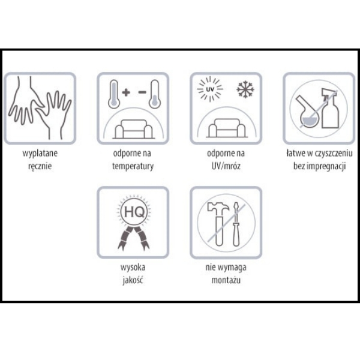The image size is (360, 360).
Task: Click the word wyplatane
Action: point(40,154)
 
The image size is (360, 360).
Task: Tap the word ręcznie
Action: point(40,166)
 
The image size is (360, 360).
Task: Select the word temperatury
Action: point(133,166)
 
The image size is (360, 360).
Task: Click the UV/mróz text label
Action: point(226,166)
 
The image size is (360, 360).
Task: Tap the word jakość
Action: point(133,280)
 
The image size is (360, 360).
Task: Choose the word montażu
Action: point(226,280)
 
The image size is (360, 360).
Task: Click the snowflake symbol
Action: point(245,89)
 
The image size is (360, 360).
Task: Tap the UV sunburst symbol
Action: point(210,89)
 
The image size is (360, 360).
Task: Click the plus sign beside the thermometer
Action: point(126,92)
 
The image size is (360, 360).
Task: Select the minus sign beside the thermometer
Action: point(142,92)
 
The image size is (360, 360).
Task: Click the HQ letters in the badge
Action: point(134,212)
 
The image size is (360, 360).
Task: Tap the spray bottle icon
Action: point(330,108)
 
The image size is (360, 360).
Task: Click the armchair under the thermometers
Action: point(134,129)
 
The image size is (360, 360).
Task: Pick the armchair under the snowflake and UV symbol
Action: point(227,128)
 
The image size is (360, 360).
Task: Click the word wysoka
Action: point(133,268)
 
